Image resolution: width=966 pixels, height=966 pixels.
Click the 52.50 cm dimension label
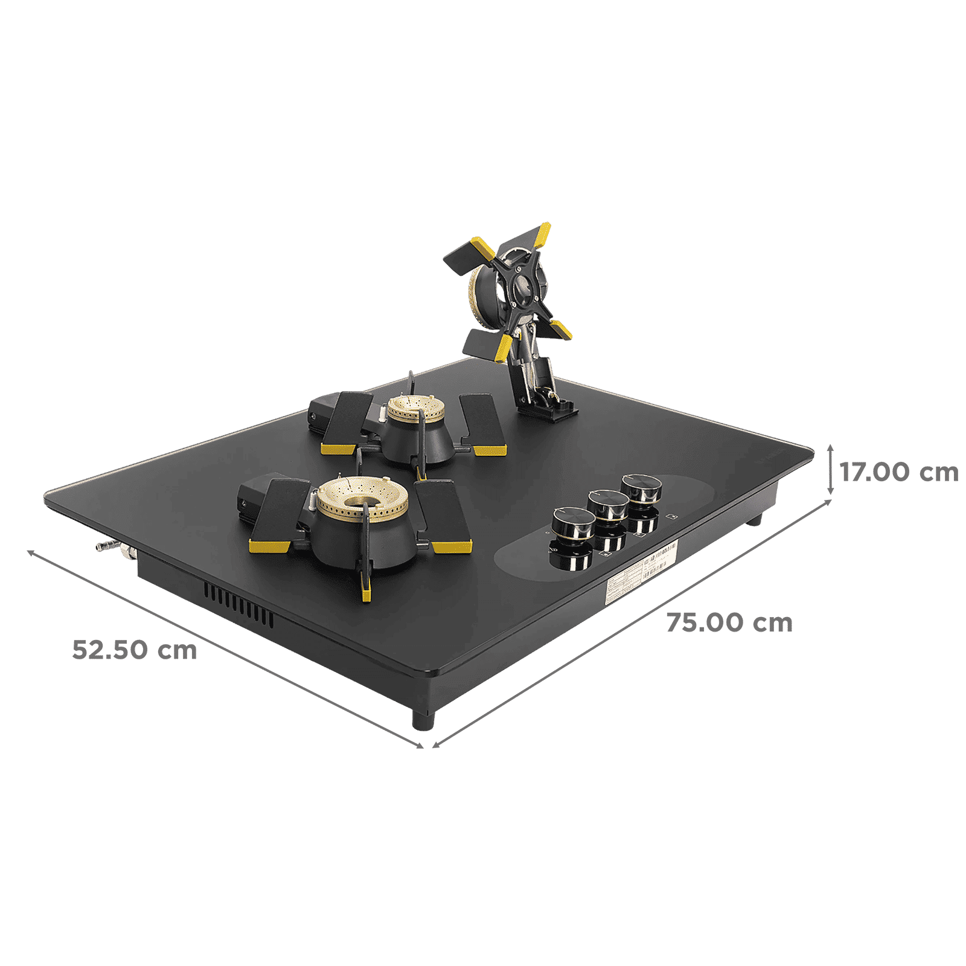pyautogui.click(x=134, y=650)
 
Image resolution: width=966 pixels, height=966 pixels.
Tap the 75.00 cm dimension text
pyautogui.click(x=729, y=622)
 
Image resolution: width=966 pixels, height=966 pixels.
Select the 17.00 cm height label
pyautogui.click(x=899, y=472)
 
